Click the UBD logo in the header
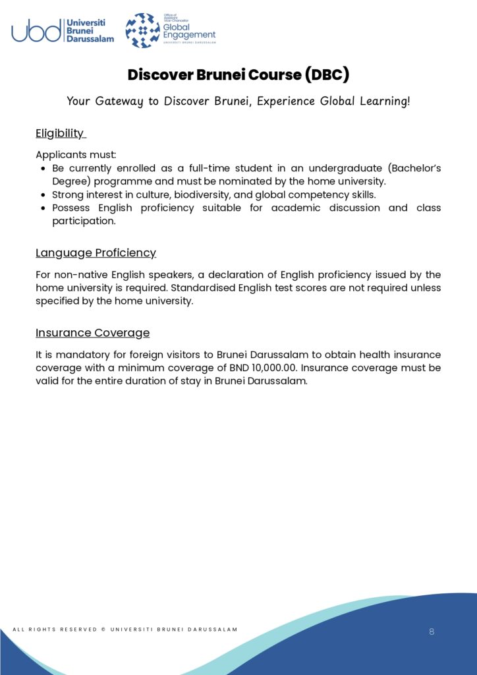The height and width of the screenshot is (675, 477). [x=63, y=30]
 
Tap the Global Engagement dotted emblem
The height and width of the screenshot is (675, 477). [x=142, y=30]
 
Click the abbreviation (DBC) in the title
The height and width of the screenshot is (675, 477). [x=327, y=74]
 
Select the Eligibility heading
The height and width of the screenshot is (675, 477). [x=60, y=133]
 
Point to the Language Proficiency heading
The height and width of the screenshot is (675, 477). [x=96, y=252]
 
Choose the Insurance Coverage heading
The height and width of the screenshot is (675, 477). [x=92, y=332]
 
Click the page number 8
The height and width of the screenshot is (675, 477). [x=432, y=631]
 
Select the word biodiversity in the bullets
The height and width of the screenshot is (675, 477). [x=226, y=194]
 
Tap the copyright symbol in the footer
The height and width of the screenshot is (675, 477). [x=103, y=630]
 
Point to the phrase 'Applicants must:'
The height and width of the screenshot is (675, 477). [x=75, y=155]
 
